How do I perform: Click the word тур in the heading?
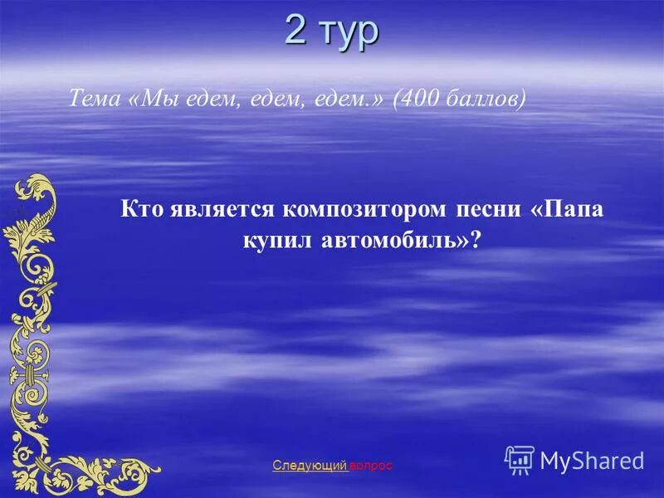point(349,33)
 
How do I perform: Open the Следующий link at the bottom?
point(310,466)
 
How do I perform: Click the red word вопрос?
point(371,466)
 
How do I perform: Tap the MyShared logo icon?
point(519,459)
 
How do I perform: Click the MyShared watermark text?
point(592,461)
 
